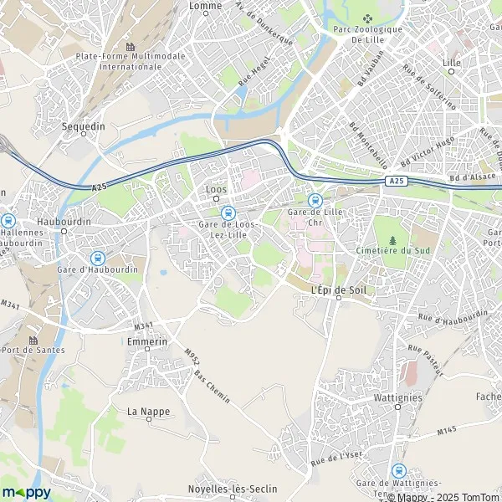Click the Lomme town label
(206, 6)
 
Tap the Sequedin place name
(85, 125)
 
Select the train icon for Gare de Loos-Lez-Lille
(228, 212)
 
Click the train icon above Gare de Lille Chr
(315, 201)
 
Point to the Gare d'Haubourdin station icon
(98, 259)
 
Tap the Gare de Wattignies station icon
(398, 471)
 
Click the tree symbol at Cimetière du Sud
(393, 240)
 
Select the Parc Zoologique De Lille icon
(367, 19)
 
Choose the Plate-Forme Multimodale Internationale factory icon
(130, 46)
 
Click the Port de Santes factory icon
(33, 340)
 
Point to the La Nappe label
(144, 412)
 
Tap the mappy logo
(27, 492)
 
